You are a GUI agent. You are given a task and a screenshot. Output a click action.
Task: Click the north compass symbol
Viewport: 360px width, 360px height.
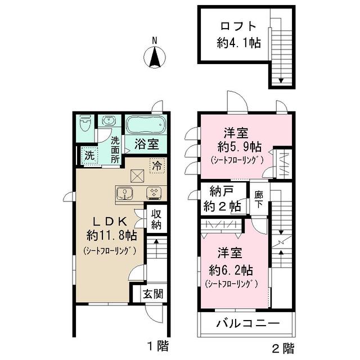[x=155, y=57]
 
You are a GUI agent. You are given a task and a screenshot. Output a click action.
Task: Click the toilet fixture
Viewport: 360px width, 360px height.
[x=85, y=123]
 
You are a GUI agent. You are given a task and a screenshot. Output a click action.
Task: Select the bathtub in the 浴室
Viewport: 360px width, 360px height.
[x=145, y=125]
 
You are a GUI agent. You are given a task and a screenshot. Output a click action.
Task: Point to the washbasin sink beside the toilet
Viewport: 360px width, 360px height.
[x=107, y=121]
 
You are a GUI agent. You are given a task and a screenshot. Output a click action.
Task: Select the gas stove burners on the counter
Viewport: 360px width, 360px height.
[x=153, y=193]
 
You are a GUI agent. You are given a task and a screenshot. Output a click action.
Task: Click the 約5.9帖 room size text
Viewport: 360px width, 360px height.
[x=239, y=147]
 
